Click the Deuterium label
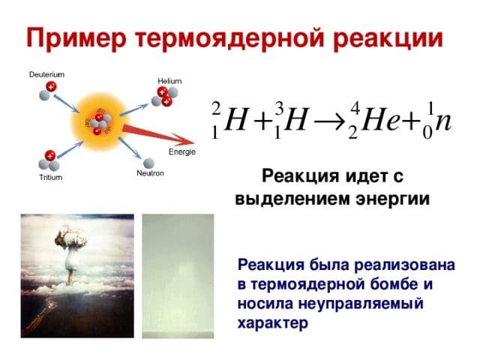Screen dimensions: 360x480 [46, 74]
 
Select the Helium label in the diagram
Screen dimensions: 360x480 [169, 80]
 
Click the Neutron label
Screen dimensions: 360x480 [150, 172]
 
